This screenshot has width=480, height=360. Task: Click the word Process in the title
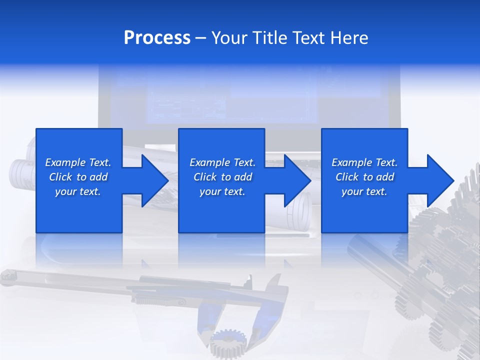[157, 38]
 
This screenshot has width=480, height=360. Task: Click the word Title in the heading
[268, 38]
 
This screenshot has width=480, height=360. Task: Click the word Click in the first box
[60, 177]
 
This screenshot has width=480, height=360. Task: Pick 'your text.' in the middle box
[222, 191]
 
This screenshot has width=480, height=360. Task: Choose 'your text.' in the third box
[364, 191]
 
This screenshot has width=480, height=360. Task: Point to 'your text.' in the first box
[78, 191]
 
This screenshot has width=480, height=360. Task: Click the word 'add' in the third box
[385, 177]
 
